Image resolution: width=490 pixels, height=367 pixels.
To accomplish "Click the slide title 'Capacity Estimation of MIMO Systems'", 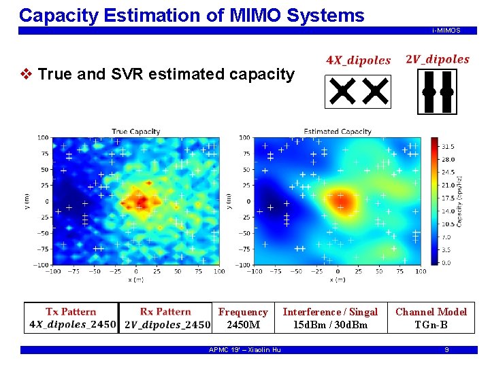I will (x=191, y=15).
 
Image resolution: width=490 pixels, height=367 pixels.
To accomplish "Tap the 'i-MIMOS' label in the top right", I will (x=446, y=31).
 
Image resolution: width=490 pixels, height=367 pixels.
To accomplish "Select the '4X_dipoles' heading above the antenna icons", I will (x=359, y=60).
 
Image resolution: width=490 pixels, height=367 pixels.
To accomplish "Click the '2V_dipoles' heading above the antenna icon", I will (x=437, y=59).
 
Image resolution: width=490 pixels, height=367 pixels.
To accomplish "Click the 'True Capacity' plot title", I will (x=135, y=132).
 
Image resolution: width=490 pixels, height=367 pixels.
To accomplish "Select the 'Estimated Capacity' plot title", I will (x=338, y=132).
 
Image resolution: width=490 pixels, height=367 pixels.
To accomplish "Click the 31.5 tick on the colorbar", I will (x=448, y=146).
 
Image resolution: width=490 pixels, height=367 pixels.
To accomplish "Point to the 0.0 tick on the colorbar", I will (x=446, y=262).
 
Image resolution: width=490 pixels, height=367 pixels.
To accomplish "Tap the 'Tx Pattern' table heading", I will (x=71, y=312).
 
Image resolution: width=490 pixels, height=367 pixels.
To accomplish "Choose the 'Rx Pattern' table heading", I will (x=165, y=312).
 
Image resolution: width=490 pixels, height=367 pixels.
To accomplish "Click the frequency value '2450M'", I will (x=243, y=325).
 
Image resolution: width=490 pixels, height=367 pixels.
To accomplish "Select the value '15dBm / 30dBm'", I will (x=330, y=325).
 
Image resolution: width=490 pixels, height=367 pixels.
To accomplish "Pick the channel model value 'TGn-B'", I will (x=431, y=325).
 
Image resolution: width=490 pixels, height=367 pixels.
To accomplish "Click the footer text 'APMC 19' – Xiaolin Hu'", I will (x=244, y=350).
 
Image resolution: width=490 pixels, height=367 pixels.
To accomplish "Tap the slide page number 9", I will (x=446, y=350).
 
